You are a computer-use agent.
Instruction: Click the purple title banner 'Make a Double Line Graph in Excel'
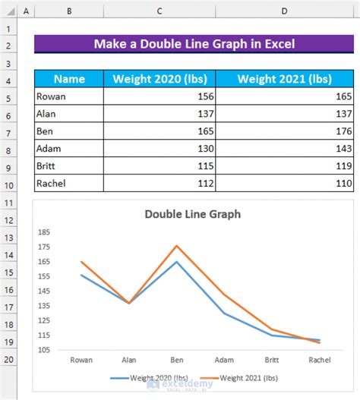tap(194, 44)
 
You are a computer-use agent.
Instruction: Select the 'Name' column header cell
tap(69, 79)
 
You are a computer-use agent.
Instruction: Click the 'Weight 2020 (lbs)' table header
tap(159, 79)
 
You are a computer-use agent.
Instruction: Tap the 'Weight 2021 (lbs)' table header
tap(285, 79)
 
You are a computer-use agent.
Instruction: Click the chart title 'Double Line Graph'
tap(193, 214)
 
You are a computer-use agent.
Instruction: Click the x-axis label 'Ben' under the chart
tap(176, 361)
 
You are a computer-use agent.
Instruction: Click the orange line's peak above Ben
tap(176, 245)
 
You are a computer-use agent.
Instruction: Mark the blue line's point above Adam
tap(224, 313)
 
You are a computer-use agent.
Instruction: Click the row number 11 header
tap(9, 203)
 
